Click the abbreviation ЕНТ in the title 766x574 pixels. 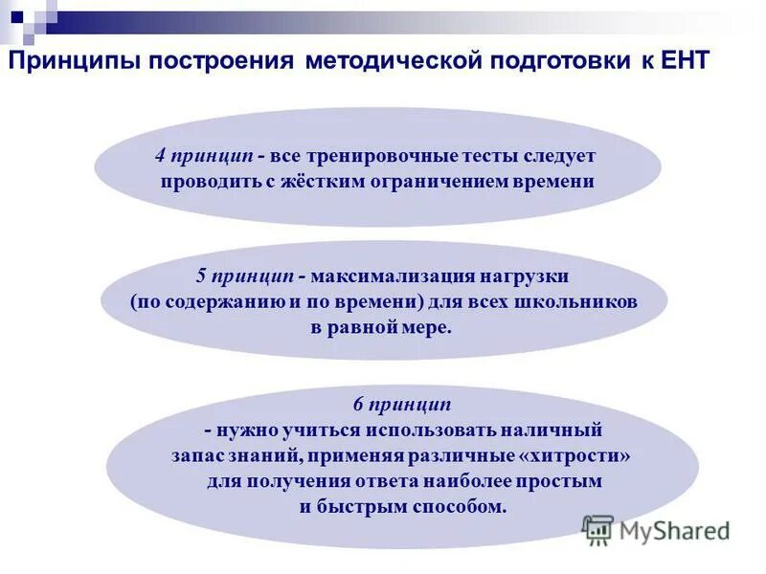coord(683,62)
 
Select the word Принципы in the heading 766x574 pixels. coord(73,62)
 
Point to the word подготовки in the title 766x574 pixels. coord(556,62)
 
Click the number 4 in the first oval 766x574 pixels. coord(161,155)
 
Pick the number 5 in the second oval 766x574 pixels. coord(201,276)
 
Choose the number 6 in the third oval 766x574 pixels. coord(358,405)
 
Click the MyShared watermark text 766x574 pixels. coord(674,530)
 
